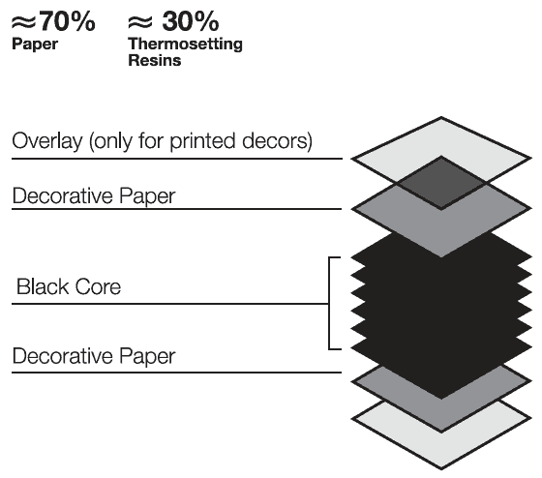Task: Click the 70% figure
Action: pyautogui.click(x=68, y=21)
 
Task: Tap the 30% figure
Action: pyautogui.click(x=191, y=21)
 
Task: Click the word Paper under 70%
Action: pyautogui.click(x=35, y=45)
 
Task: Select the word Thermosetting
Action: pyautogui.click(x=185, y=45)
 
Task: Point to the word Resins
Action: pyautogui.click(x=155, y=61)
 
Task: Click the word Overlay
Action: pyautogui.click(x=47, y=141)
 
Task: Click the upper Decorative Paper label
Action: pyautogui.click(x=94, y=196)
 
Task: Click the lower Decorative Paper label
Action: pyautogui.click(x=94, y=356)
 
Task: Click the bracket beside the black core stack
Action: pyautogui.click(x=329, y=304)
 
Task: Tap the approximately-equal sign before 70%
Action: pyautogui.click(x=23, y=22)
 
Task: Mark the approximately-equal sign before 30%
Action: pyautogui.click(x=140, y=22)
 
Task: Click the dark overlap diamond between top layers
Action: pyautogui.click(x=441, y=183)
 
